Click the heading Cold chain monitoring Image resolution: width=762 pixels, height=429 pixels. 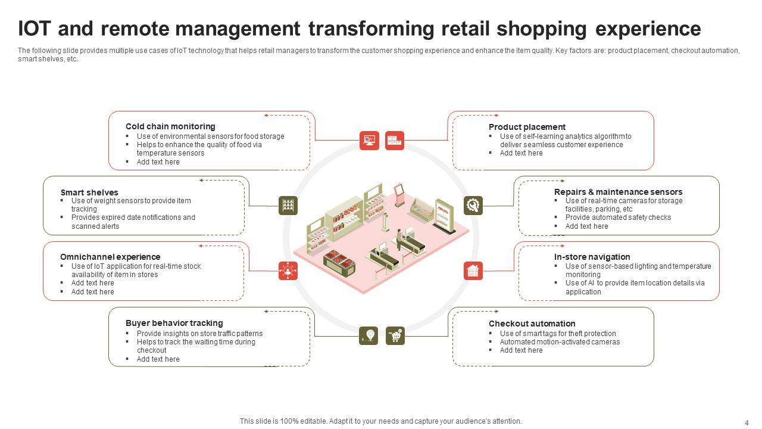point(170,126)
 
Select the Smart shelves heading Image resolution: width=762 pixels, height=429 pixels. point(89,192)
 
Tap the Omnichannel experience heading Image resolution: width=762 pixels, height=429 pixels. point(110,257)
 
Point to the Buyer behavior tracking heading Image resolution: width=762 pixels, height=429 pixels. point(174,323)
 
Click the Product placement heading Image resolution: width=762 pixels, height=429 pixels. point(527,127)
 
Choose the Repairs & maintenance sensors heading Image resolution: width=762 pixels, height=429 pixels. point(618,192)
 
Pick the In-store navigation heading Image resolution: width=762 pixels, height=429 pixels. point(592,257)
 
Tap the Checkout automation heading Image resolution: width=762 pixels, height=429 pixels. point(532,324)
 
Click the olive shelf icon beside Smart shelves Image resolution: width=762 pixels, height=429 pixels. point(288,206)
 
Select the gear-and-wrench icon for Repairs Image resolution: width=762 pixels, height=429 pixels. point(473,206)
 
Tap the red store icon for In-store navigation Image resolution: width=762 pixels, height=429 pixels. point(473,271)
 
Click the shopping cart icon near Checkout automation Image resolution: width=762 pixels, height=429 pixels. point(395,335)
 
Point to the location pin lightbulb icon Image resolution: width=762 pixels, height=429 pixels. point(369,335)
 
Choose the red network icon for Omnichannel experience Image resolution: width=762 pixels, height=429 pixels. point(288,271)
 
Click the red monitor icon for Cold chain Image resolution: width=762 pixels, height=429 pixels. point(369,141)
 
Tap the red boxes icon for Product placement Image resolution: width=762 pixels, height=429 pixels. point(395,141)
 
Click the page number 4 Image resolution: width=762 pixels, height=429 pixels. point(747,422)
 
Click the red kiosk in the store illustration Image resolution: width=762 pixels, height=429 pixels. point(399,194)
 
